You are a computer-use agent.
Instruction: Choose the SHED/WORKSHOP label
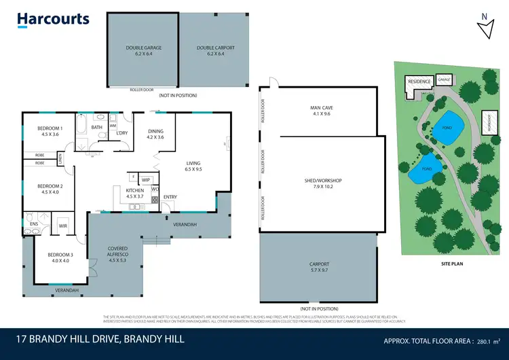tap(322, 180)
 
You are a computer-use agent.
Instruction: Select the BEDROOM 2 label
tap(50, 185)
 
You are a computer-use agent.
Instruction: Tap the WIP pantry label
tap(146, 179)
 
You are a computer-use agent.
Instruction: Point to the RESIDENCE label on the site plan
tap(419, 82)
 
